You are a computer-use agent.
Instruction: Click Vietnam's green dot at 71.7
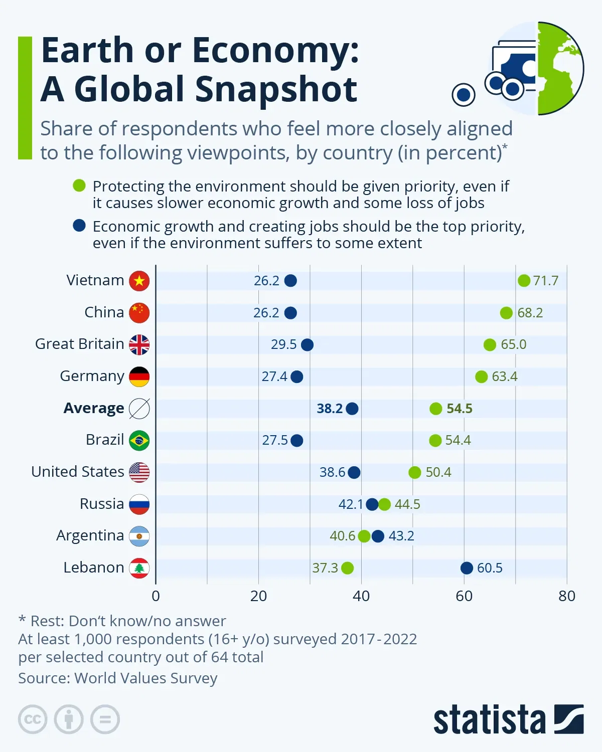[524, 281]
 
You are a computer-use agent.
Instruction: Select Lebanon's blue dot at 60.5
[467, 568]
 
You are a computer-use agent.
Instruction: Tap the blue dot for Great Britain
[307, 345]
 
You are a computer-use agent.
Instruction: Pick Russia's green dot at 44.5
[384, 504]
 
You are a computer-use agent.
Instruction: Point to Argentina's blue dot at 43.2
[378, 536]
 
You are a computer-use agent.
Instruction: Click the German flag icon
[139, 377]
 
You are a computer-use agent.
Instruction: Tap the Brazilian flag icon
[139, 441]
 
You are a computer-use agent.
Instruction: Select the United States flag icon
[139, 472]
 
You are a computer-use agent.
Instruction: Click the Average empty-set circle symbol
[139, 409]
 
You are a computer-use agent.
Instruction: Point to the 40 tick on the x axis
[361, 596]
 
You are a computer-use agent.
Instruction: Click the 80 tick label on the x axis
[567, 596]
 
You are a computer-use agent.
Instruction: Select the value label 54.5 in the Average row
[460, 409]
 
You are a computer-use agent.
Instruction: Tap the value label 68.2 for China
[530, 313]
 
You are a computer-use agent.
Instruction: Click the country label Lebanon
[93, 568]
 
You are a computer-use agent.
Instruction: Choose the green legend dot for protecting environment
[79, 186]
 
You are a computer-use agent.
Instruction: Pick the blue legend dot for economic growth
[79, 226]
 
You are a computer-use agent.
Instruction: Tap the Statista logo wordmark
[489, 720]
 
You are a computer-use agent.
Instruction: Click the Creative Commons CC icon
[33, 719]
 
